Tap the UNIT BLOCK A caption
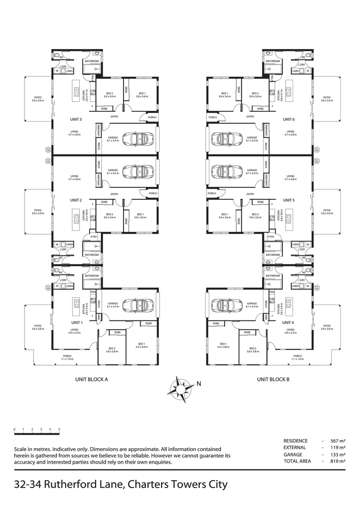coord(92,378)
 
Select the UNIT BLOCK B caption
coord(273,378)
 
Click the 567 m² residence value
coord(338,441)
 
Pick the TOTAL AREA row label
coord(297,461)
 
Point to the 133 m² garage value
coord(338,454)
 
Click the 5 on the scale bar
coord(59,429)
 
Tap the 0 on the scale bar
coord(15,429)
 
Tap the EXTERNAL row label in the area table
coord(295,447)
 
